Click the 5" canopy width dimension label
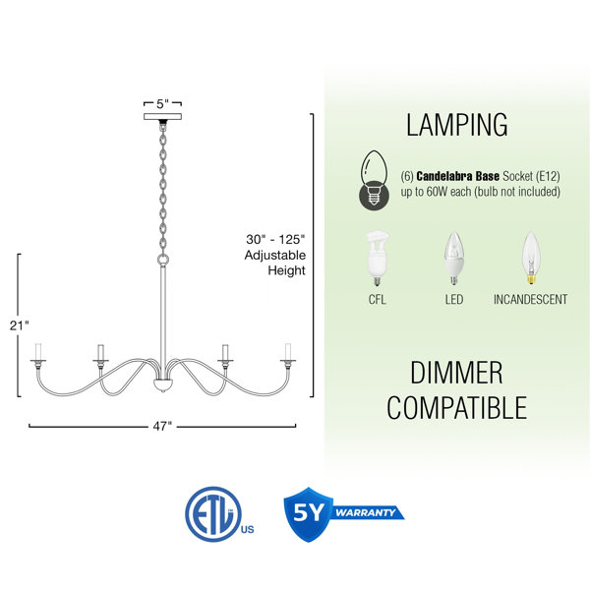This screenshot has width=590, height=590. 162,104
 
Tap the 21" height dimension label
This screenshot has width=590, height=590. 20,325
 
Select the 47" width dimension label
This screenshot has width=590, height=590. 162,427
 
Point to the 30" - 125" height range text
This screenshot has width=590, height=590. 275,239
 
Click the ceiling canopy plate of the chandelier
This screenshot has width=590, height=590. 162,117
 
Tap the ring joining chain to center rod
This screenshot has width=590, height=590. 163,260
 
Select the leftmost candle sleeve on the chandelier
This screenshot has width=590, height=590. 38,351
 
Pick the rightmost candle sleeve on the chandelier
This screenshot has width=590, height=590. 288,351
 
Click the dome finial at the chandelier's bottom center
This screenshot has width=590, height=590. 163,385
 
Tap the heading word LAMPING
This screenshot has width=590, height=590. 457,125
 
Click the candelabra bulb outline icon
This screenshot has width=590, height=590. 374,180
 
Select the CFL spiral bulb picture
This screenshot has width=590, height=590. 377,259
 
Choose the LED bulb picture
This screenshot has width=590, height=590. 453,258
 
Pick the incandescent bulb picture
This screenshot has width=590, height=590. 531,258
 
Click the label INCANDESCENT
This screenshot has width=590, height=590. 531,300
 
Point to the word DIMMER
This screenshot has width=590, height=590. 456,373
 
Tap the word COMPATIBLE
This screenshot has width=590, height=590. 457,407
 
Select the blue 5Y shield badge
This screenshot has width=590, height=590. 309,514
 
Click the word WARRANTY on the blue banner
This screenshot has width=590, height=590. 365,512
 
